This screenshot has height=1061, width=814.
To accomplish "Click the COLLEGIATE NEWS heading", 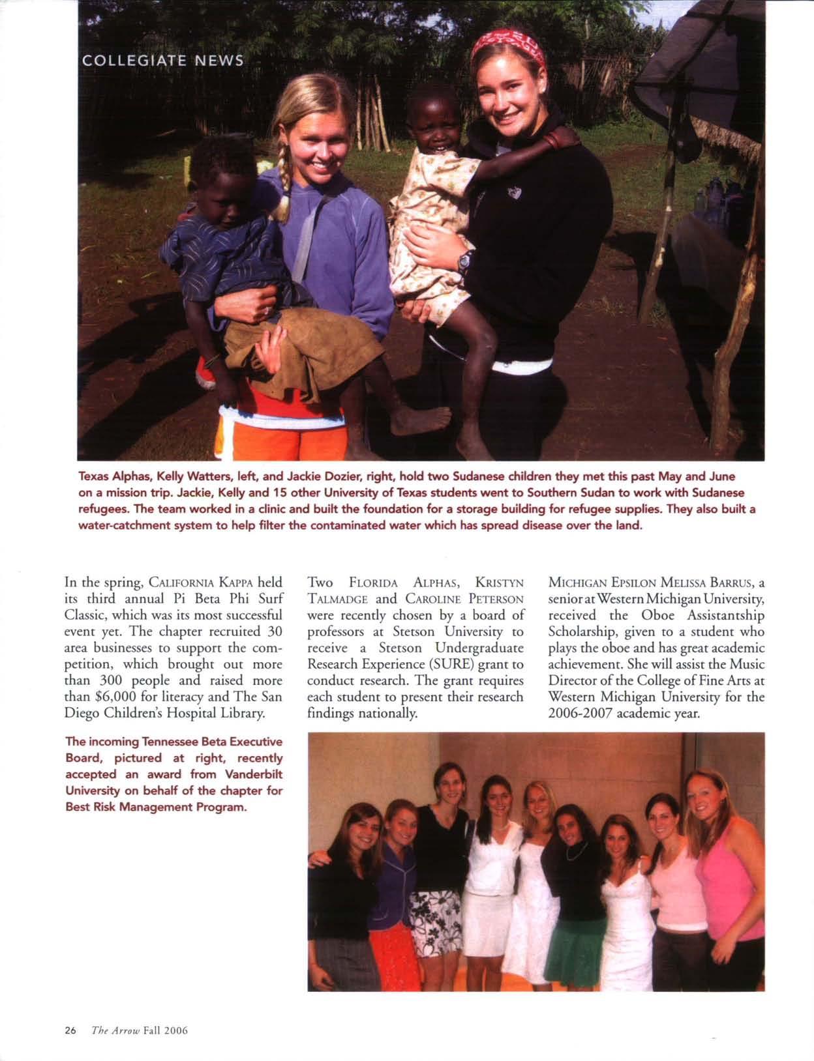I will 162,61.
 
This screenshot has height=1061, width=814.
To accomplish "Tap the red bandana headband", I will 509,45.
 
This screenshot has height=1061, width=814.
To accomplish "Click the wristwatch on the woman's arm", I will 464,262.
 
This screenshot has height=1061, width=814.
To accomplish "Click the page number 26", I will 70,1030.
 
